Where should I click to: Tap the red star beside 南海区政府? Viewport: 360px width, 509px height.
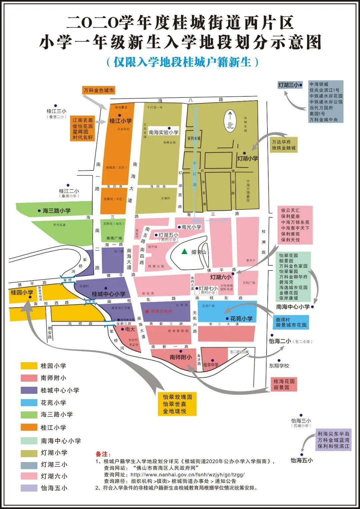[x=147, y=311]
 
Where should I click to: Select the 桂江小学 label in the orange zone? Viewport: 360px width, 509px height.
[x=120, y=121]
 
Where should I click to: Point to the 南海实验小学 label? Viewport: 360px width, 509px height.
[x=164, y=132]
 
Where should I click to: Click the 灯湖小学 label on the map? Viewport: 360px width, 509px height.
[x=247, y=158]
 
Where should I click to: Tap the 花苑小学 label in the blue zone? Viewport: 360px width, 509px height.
[x=241, y=319]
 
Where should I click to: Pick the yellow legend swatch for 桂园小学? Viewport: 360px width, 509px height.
[x=29, y=366]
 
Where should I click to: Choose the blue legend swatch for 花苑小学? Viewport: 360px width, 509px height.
[x=29, y=403]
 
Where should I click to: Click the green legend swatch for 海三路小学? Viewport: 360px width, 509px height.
[x=29, y=415]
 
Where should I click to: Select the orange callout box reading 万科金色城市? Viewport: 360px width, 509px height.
[x=99, y=90]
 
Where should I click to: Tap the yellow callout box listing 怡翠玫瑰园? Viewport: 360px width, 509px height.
[x=177, y=404]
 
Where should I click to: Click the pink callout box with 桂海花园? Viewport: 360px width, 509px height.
[x=284, y=384]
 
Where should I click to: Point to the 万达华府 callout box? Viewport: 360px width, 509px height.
[x=284, y=145]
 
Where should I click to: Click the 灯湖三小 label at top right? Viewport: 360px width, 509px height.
[x=289, y=85]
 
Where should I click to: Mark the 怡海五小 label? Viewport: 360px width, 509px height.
[x=302, y=460]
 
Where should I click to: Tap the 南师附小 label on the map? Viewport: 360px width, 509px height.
[x=181, y=357]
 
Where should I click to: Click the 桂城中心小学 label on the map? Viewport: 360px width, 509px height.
[x=109, y=294]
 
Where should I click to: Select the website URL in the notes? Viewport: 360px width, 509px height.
[x=187, y=475]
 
